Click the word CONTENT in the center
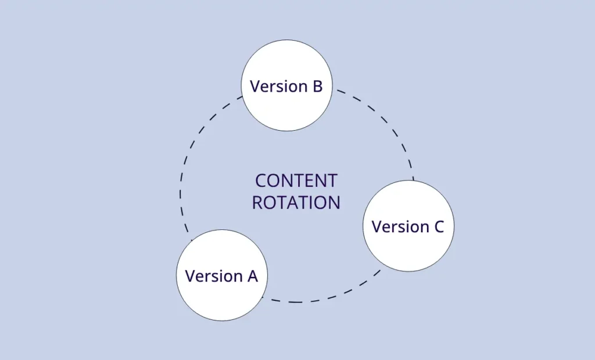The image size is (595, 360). pos(296,181)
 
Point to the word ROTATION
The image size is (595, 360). pos(296,203)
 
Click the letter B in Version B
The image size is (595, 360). pos(317,87)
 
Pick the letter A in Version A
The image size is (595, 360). pos(252,276)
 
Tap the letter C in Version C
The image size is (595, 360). pos(438,226)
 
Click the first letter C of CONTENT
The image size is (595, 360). pos(261,181)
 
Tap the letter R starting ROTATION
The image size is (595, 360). pos(257,203)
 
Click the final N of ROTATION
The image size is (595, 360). pos(334,203)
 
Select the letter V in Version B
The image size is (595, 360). pos(255,87)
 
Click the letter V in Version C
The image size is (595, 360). pos(376,226)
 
